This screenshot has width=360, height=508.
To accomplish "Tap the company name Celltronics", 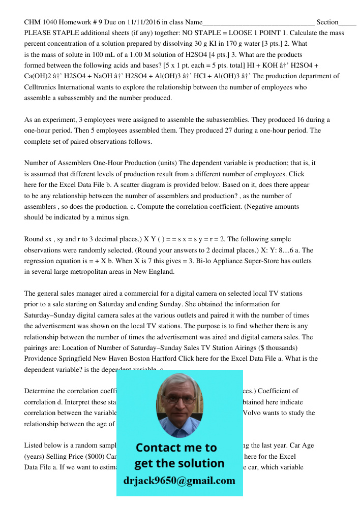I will point(43,87).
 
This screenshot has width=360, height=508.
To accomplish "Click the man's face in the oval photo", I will point(179,405).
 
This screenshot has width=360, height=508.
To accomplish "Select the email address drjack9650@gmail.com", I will point(179,480).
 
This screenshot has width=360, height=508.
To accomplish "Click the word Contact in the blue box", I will point(159,448).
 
